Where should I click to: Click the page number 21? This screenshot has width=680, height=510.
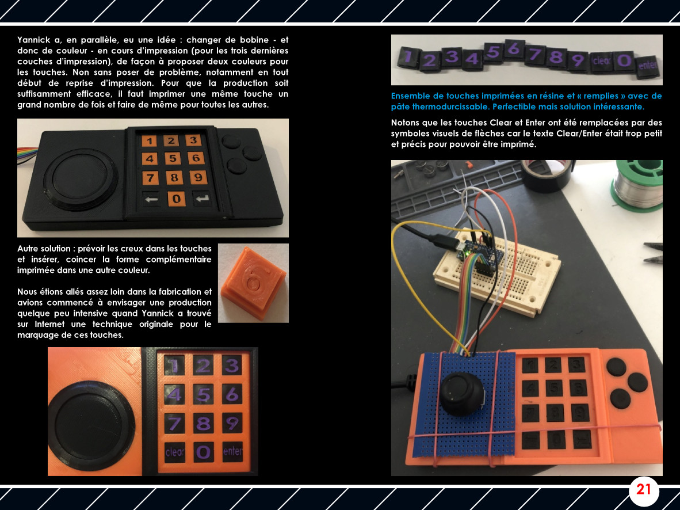[643, 490]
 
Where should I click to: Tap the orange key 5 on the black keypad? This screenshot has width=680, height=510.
[172, 159]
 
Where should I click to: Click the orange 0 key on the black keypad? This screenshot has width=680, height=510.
[176, 199]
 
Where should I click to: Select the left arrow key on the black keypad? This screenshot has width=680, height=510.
[151, 199]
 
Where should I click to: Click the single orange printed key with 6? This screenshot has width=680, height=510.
[253, 283]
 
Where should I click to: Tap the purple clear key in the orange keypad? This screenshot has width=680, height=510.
[175, 452]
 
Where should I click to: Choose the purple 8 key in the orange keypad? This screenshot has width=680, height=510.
[204, 424]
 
